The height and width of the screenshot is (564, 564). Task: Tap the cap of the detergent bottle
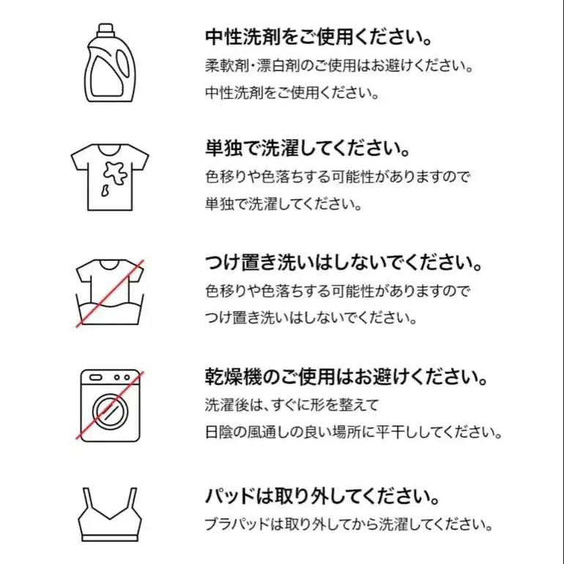[107, 31]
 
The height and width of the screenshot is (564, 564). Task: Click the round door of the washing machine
[111, 409]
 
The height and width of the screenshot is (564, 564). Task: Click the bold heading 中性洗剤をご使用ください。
[316, 37]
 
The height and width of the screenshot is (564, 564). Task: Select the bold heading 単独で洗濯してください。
[306, 149]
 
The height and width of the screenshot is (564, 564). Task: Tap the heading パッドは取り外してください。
[322, 496]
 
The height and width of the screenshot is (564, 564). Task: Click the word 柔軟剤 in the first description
[222, 65]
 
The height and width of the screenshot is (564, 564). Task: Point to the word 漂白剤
[266, 65]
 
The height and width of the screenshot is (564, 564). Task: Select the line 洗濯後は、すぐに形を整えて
[291, 404]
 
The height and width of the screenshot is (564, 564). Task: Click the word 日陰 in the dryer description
[218, 431]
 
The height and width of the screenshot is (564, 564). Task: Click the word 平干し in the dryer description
[406, 431]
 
